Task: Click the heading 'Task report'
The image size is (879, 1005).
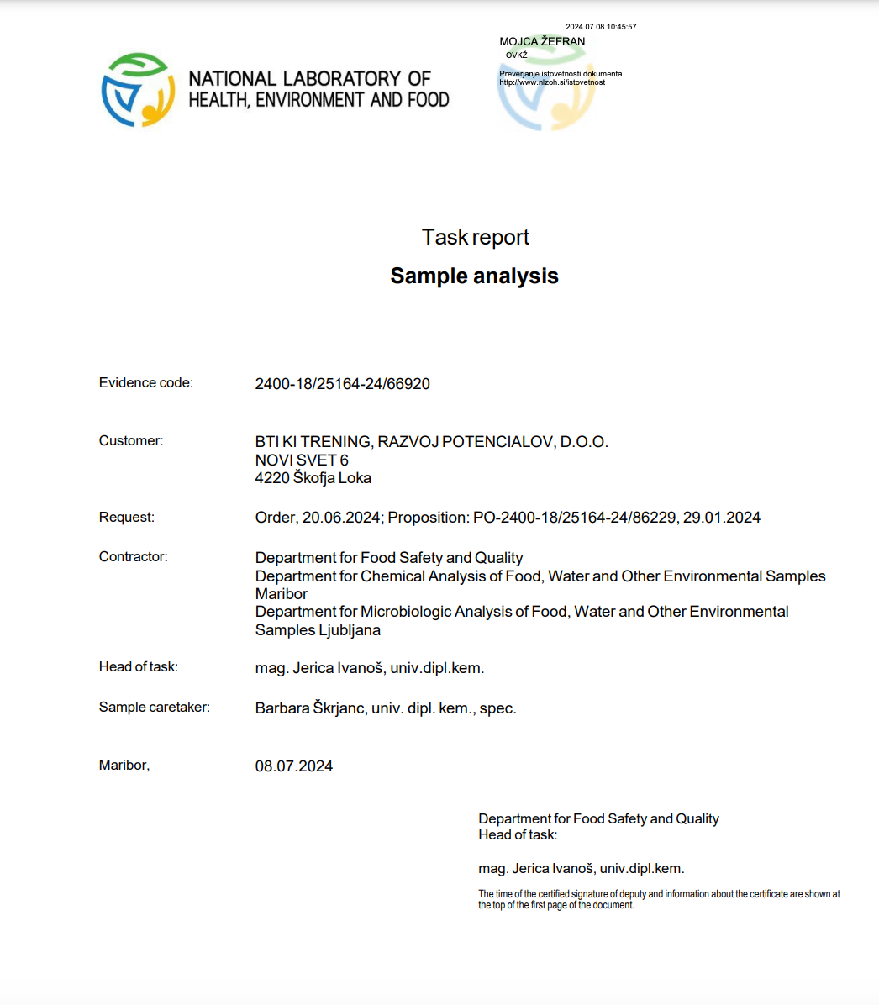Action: (x=475, y=238)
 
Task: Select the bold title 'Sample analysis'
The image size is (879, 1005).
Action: (x=474, y=276)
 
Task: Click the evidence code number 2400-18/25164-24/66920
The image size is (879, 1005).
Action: (x=342, y=384)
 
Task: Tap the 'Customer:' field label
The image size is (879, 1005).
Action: (x=131, y=440)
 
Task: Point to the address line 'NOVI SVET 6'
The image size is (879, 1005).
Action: (x=302, y=460)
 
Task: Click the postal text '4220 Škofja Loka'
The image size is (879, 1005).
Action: (x=313, y=478)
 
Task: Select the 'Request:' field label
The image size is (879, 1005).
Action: (x=127, y=517)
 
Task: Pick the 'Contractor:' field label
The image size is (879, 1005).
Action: (x=133, y=556)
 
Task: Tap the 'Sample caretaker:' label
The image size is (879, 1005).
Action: (x=155, y=707)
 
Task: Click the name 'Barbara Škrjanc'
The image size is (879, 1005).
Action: (x=310, y=708)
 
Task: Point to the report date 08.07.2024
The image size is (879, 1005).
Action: (x=294, y=766)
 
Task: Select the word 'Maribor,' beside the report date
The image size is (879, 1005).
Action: (x=124, y=765)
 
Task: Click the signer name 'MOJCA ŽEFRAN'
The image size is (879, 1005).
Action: (x=542, y=41)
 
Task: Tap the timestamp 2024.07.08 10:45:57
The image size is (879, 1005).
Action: (x=601, y=27)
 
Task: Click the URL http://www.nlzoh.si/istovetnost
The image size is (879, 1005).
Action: (x=552, y=82)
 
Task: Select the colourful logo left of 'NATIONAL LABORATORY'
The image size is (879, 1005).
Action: (x=139, y=90)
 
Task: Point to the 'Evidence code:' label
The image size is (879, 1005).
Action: (x=146, y=382)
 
